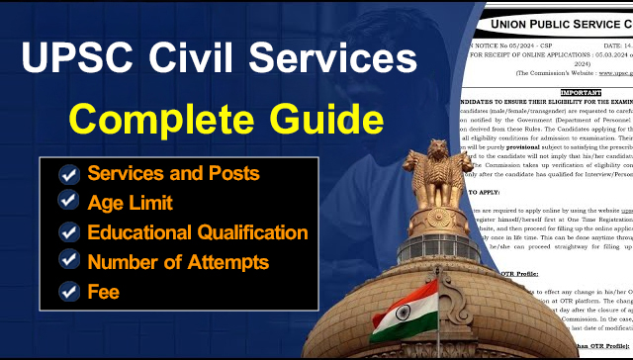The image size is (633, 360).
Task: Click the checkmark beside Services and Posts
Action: [x=69, y=174]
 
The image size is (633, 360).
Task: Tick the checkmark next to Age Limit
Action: [x=69, y=203]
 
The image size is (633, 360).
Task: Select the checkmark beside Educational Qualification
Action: [x=69, y=232]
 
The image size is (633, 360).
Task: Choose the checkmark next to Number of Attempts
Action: [x=69, y=262]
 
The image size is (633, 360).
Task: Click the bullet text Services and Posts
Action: [x=173, y=174]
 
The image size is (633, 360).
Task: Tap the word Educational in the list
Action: [x=144, y=232]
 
